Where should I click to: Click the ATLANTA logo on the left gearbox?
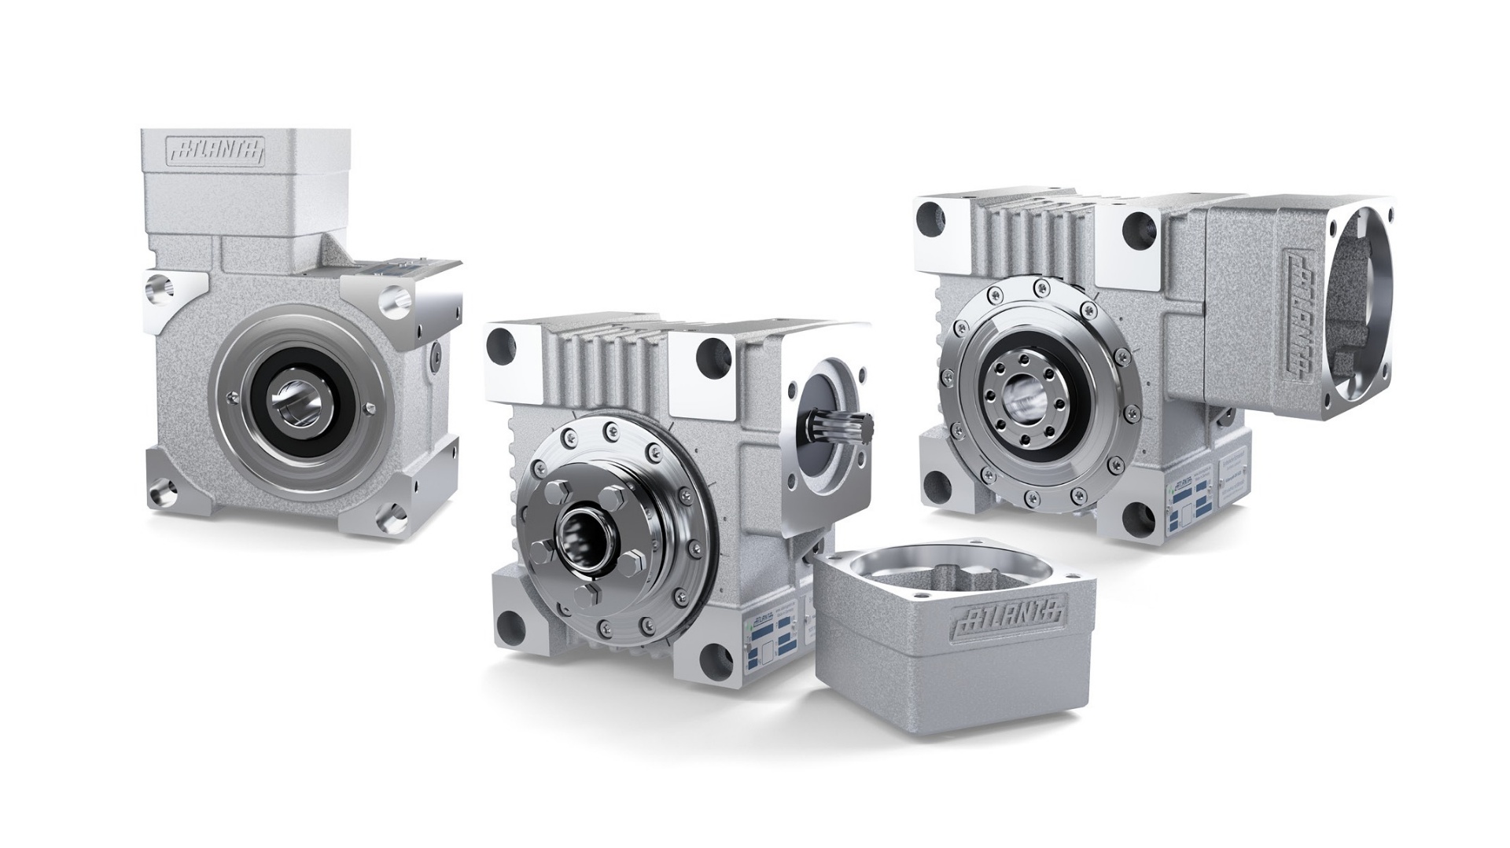pyautogui.click(x=215, y=152)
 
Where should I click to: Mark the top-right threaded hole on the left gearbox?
pyautogui.click(x=392, y=296)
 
